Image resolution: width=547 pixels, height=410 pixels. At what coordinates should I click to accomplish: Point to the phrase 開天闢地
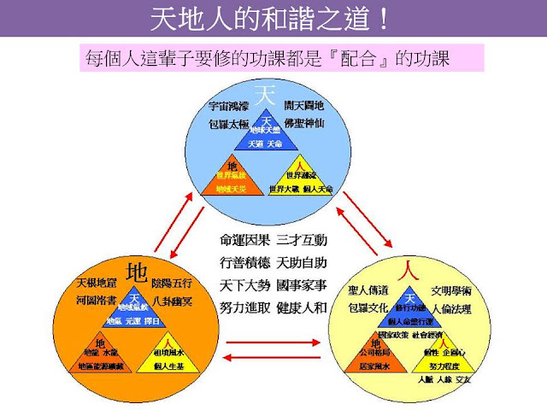click(303, 107)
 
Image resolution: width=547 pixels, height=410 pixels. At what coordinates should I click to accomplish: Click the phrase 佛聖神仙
click(303, 123)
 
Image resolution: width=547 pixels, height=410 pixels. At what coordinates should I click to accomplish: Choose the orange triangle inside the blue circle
click(231, 178)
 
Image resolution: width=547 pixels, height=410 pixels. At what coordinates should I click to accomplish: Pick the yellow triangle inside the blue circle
click(300, 178)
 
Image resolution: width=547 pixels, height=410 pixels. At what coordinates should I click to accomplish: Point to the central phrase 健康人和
click(303, 307)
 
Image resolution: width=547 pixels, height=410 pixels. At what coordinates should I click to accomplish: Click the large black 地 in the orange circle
click(136, 272)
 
